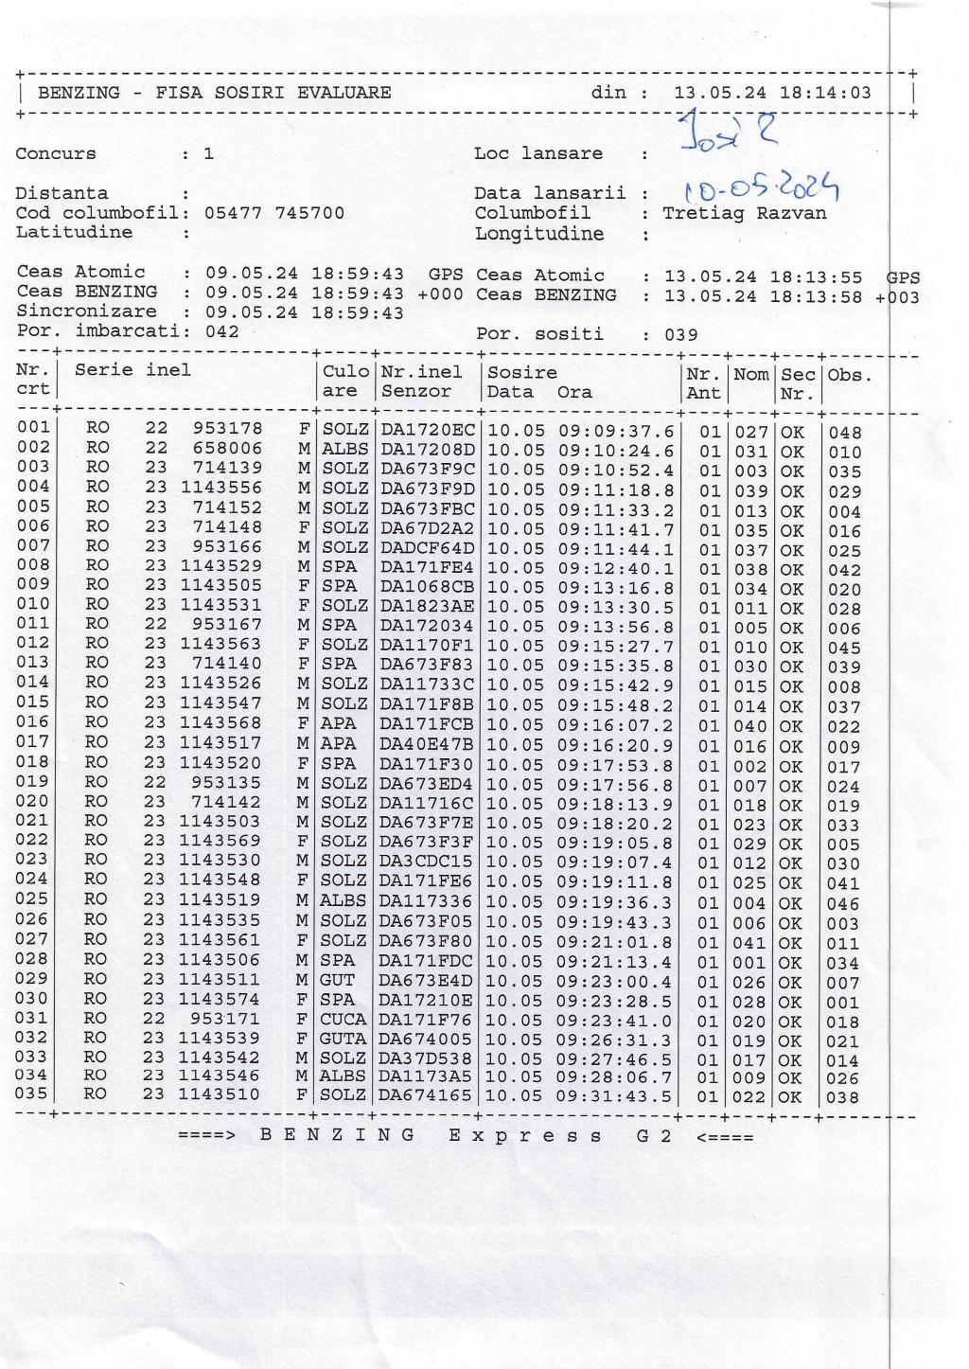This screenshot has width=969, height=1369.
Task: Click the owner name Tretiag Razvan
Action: (744, 213)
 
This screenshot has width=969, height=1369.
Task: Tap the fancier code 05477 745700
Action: (274, 213)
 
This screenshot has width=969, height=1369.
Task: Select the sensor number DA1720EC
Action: (428, 430)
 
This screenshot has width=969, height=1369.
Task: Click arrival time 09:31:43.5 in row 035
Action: (615, 1096)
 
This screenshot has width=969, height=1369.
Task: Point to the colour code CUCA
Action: (343, 1019)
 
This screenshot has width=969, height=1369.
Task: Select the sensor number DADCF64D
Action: (428, 547)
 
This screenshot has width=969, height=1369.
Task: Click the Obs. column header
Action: (849, 375)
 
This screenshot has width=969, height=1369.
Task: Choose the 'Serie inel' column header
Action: (132, 370)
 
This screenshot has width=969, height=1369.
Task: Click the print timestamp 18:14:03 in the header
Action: (825, 93)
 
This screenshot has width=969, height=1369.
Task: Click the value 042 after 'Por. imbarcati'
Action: (221, 331)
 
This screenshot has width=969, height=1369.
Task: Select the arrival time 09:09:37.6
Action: (615, 431)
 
